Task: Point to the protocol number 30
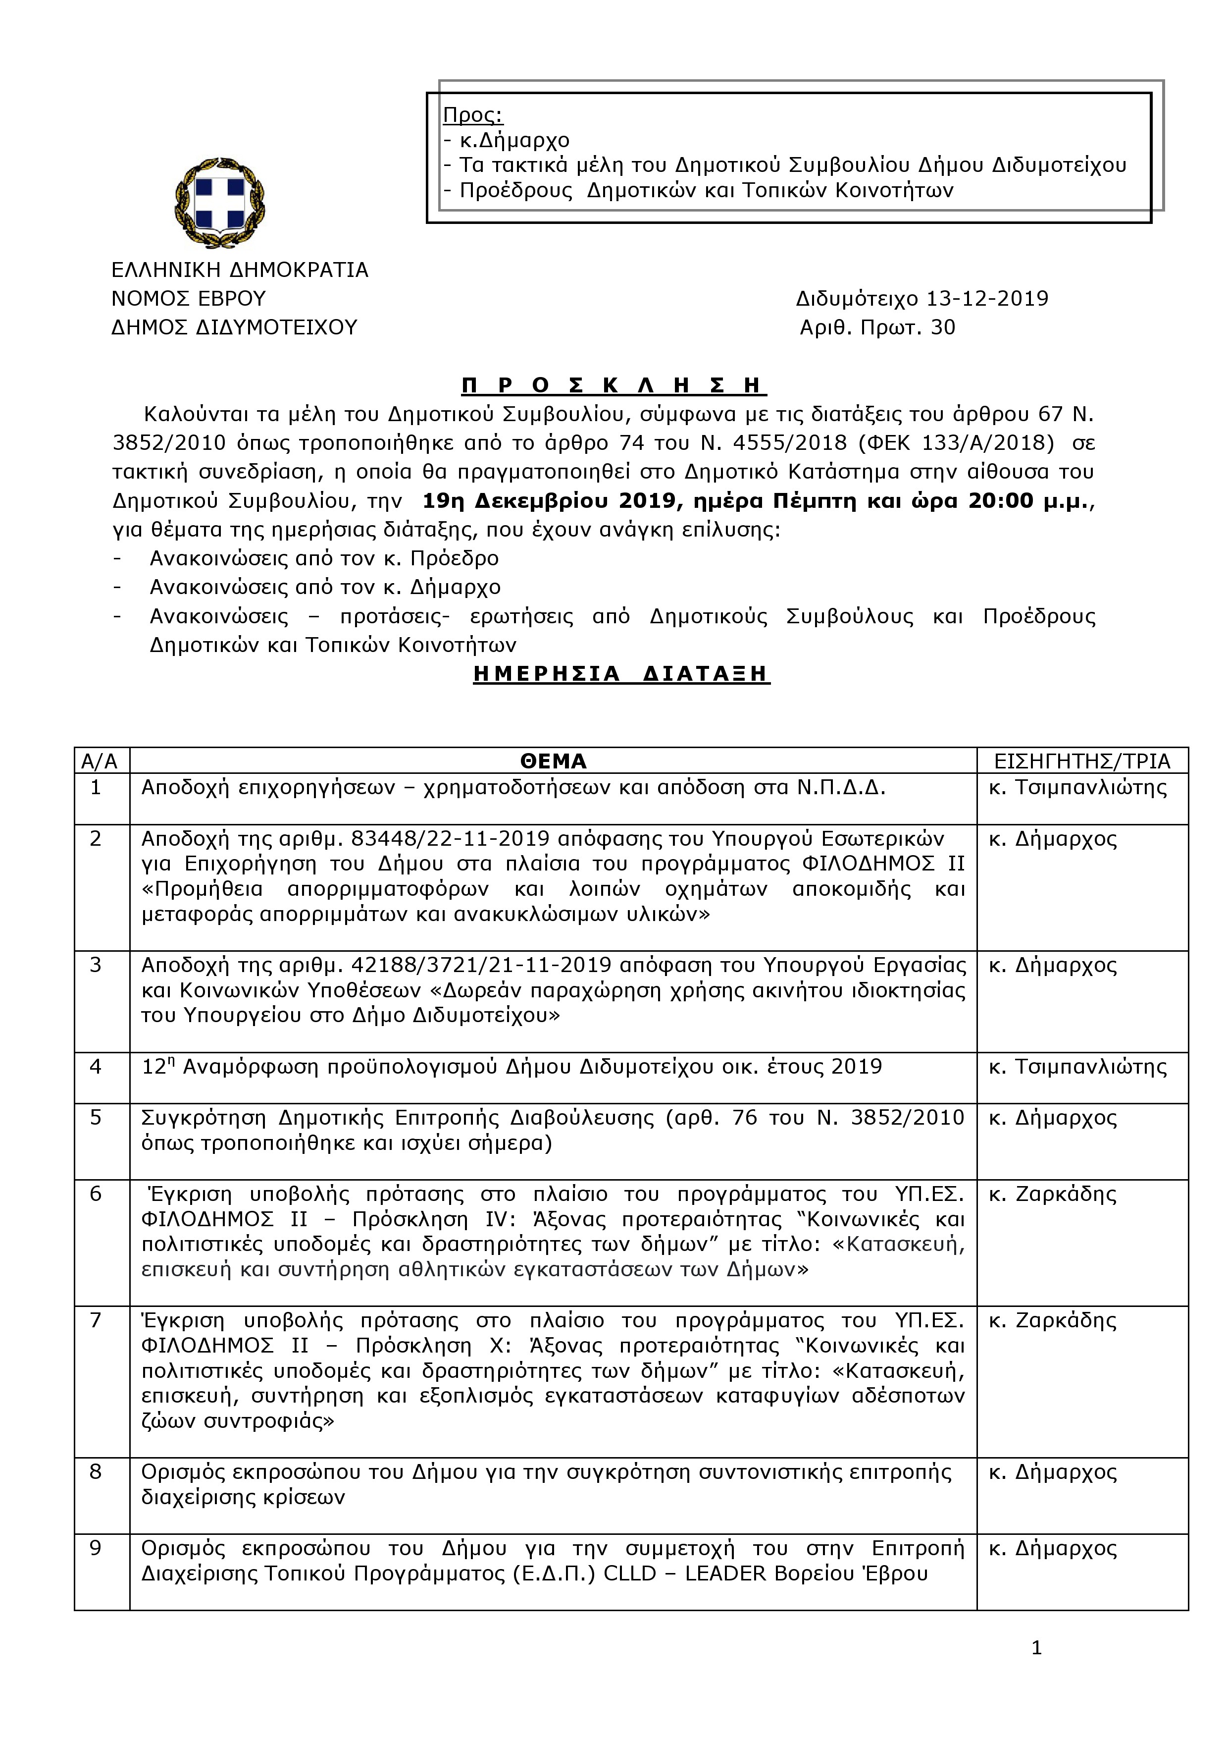[943, 328]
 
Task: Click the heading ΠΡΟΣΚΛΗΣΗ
[614, 385]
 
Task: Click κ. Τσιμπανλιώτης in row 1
[1077, 788]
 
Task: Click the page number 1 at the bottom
[1036, 1648]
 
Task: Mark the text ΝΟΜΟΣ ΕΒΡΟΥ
[188, 298]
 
